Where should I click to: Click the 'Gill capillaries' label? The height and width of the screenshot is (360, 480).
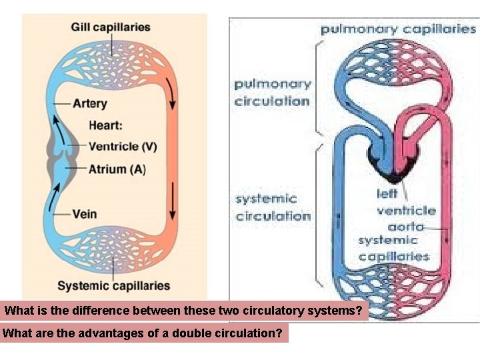111,27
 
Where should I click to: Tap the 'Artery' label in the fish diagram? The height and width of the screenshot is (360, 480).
89,103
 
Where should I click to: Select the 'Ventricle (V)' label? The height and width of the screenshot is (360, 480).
123,146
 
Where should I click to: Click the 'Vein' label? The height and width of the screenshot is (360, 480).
84,214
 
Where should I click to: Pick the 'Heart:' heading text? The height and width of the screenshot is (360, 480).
105,125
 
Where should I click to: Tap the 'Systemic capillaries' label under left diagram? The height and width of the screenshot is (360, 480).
113,286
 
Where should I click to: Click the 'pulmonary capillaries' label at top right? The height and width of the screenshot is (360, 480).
398,29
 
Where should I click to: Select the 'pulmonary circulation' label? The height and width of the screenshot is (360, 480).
272,93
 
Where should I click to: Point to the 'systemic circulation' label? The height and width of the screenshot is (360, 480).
273,207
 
